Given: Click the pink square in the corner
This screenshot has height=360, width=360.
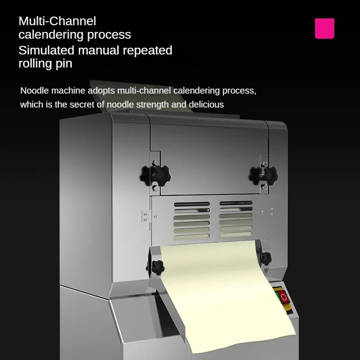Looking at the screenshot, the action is coord(324,28).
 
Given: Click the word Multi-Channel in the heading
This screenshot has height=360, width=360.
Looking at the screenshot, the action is coord(57,21).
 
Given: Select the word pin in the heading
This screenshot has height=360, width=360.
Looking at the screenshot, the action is coord(64,63).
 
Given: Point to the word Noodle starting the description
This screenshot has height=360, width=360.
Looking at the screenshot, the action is coord(36,91).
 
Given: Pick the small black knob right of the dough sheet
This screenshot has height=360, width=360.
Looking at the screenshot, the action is coord(266,259).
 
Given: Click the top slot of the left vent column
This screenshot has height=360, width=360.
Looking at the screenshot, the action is coord(192,204).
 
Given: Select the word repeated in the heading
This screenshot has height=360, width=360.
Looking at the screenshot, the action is coord(146,50).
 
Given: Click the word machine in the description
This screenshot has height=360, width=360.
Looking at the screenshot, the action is coord(70,91).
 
